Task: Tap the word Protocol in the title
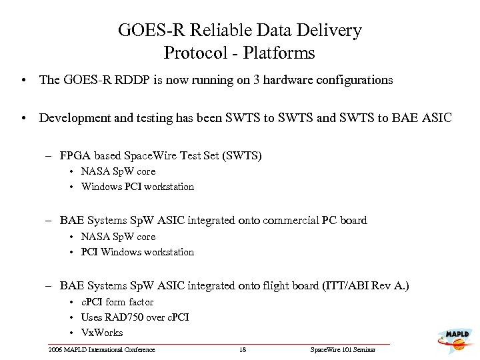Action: [194, 52]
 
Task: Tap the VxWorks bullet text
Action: [102, 332]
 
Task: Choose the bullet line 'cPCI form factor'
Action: [117, 302]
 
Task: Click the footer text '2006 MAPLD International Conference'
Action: [101, 349]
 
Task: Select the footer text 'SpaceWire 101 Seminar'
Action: [343, 349]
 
